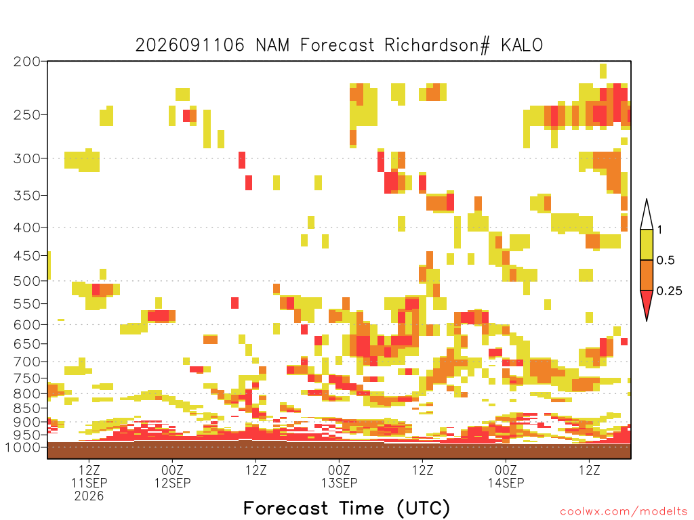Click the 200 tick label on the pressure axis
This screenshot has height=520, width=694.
[x=27, y=62]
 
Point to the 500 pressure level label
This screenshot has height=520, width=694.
[x=27, y=281]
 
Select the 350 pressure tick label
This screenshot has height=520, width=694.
[x=27, y=196]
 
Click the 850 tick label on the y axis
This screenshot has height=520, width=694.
[x=27, y=408]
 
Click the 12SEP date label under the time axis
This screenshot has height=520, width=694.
[x=173, y=483]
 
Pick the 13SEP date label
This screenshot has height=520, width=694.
[x=340, y=483]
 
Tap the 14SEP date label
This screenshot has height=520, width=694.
[x=506, y=483]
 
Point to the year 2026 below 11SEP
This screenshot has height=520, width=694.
[x=89, y=496]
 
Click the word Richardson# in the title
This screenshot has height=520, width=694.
[x=437, y=45]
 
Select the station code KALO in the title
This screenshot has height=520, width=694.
[x=522, y=45]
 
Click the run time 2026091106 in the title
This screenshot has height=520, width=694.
[x=190, y=45]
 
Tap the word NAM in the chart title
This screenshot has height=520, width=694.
[x=272, y=45]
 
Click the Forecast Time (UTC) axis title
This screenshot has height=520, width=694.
[x=346, y=508]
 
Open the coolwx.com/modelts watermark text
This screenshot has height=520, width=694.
[x=624, y=512]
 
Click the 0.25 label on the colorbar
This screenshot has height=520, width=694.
[x=669, y=291]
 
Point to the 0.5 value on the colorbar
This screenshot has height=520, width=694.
[x=666, y=261]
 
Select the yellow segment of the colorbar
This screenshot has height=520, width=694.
[x=647, y=244]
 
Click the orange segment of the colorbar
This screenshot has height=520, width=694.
[x=647, y=275]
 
